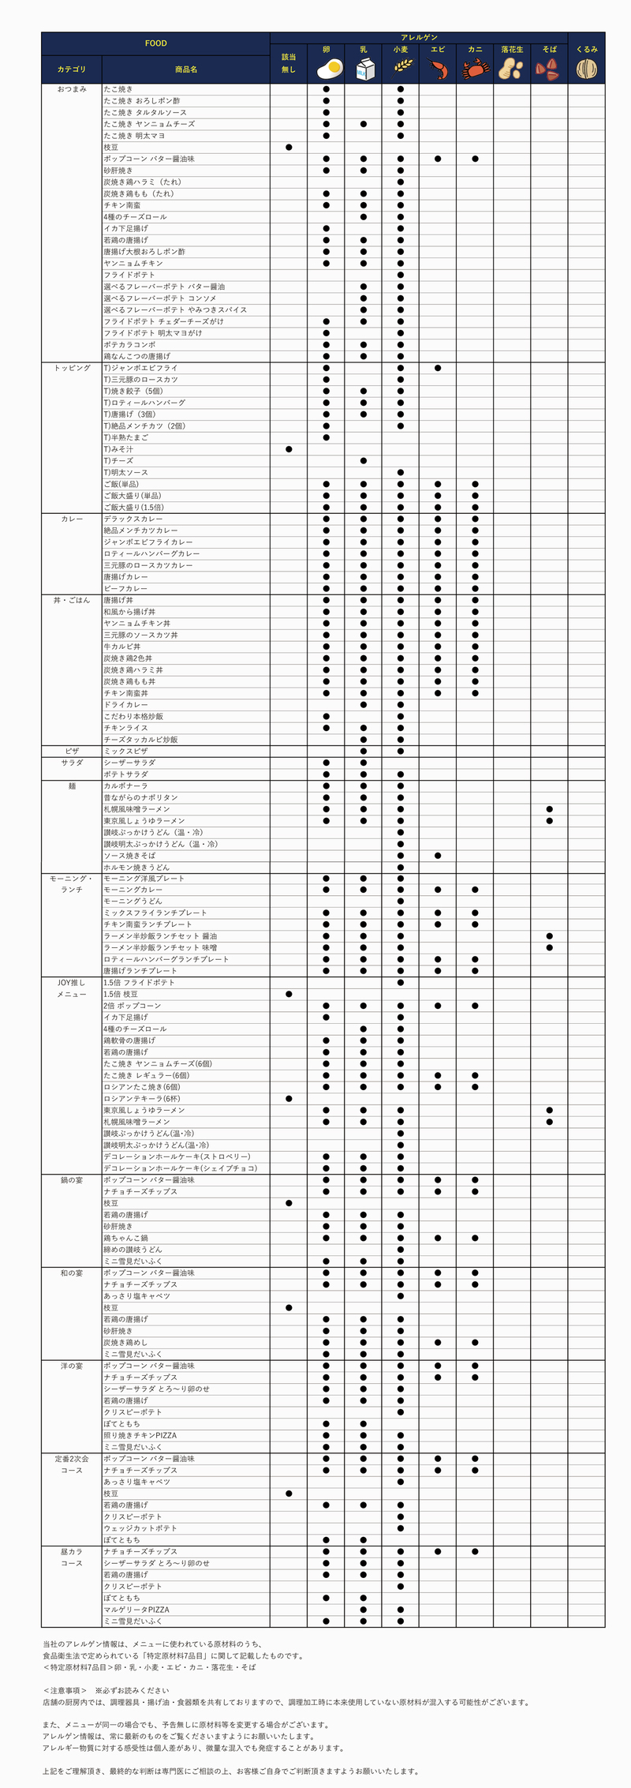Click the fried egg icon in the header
coord(327,69)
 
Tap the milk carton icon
coord(363,70)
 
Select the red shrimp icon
coord(438,69)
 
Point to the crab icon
coord(475,69)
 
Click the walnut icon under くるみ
coord(586,69)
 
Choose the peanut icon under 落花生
coord(512,69)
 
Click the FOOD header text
coord(155,43)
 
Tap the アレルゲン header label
coord(419,37)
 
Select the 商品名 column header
coord(186,69)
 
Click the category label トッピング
coord(72,368)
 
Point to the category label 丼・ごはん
coord(72,600)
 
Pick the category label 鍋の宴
coord(72,1180)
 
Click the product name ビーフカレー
coord(125,589)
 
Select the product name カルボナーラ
coord(125,786)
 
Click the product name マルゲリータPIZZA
coord(136,1610)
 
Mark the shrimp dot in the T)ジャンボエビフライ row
coord(438,368)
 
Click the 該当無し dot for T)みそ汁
coord(289,449)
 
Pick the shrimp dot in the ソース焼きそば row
coord(438,856)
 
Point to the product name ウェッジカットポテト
coord(140,1528)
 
